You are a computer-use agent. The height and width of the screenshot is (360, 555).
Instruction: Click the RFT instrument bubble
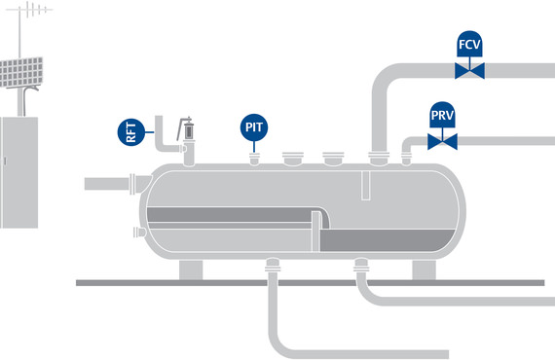click(x=129, y=131)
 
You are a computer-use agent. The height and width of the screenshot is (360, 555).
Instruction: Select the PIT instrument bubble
click(x=254, y=126)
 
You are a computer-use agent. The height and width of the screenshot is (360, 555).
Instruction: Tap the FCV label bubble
click(x=470, y=45)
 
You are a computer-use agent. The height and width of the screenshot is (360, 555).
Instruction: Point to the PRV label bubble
click(x=443, y=118)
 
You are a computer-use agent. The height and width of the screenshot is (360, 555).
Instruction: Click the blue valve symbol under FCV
click(x=470, y=71)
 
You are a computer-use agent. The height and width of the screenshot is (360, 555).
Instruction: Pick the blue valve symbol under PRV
click(x=443, y=143)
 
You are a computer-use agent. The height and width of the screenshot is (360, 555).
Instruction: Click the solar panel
click(x=18, y=69)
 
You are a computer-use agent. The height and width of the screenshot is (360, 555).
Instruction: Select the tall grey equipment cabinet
click(x=18, y=171)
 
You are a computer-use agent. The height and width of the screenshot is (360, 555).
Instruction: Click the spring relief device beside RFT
click(x=185, y=127)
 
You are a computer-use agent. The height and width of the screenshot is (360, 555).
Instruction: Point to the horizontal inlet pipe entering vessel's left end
click(x=107, y=183)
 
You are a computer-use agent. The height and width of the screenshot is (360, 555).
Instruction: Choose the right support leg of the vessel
click(x=425, y=269)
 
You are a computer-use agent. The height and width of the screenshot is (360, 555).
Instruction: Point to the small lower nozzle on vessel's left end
click(x=135, y=232)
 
